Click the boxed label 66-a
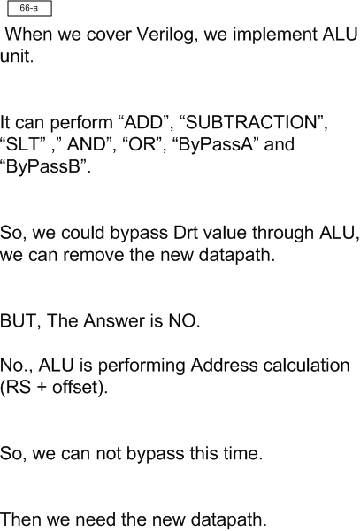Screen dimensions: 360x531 (29, 9)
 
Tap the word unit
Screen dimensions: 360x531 (17, 57)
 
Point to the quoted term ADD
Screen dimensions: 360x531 (144, 122)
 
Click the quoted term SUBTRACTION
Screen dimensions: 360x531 (250, 122)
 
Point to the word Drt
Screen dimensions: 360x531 (186, 233)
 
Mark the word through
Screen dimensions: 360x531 (283, 234)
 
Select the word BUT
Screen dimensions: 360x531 (20, 321)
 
